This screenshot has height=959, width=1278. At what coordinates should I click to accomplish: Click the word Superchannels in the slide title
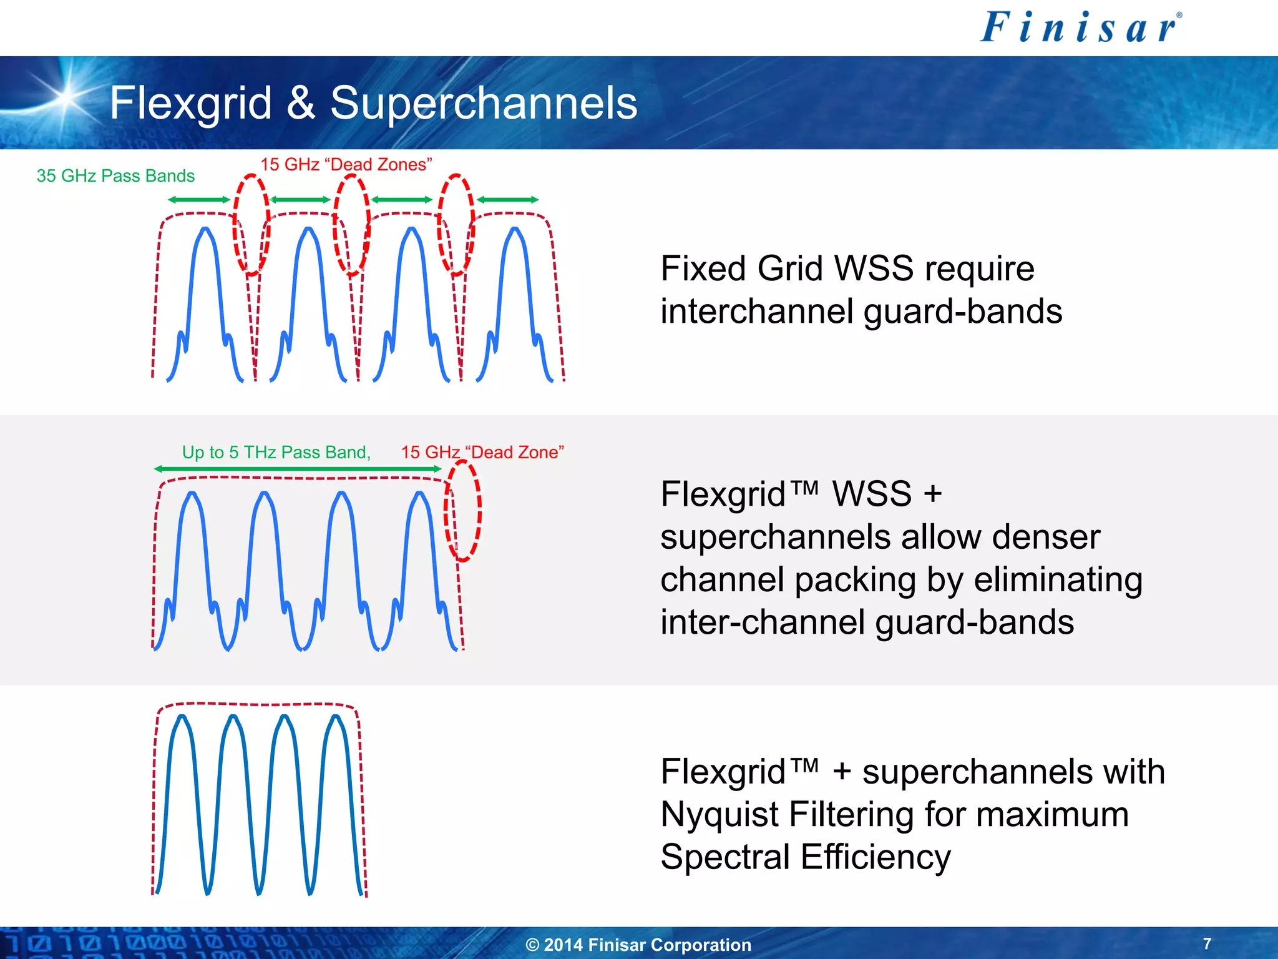coord(484,103)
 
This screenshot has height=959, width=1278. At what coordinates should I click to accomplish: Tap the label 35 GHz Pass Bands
coord(115,176)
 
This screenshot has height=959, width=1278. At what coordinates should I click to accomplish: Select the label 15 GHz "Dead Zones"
coord(346,165)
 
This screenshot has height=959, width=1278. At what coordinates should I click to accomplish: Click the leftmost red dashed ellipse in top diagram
coord(251,225)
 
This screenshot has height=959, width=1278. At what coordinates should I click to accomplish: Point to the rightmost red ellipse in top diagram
coord(456,225)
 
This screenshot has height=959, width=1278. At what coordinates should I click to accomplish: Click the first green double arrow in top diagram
coord(199,200)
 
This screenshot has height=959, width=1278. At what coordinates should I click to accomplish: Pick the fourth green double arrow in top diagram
coord(508,200)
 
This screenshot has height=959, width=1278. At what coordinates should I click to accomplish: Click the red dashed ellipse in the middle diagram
coord(462,511)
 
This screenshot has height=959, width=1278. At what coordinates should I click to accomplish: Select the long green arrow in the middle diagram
coord(298,468)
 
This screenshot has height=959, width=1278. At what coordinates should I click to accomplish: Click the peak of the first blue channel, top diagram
coord(205,231)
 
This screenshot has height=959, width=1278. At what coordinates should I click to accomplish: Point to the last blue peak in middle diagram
coord(419,494)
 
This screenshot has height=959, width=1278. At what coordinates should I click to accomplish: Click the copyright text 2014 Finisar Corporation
coord(638,945)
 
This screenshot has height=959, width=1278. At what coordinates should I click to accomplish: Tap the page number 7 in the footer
coord(1207,943)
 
